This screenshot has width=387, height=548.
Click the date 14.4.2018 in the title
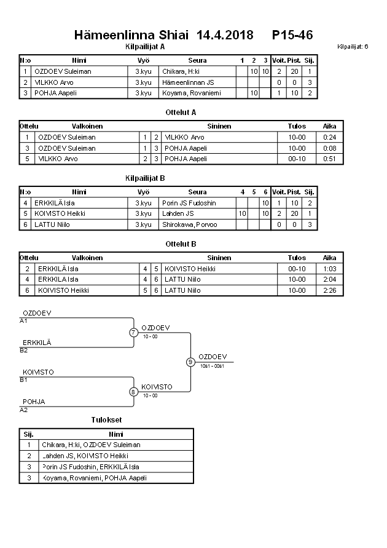point(225,36)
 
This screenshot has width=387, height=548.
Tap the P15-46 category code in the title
point(292,36)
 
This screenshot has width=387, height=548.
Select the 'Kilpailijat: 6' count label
point(353,47)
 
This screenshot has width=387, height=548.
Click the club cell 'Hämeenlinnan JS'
point(188,82)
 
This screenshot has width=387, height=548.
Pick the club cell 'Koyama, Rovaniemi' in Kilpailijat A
point(191,93)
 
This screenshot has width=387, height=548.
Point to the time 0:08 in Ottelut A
point(330,148)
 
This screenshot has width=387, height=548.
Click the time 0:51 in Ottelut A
point(330,159)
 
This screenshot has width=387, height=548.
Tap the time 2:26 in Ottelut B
point(330,290)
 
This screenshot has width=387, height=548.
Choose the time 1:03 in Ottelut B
point(330,269)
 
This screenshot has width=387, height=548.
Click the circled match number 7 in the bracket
point(133,333)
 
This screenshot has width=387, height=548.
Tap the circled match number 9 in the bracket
point(190,362)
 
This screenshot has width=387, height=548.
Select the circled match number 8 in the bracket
point(133,391)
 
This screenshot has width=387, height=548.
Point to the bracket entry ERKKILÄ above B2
point(37,343)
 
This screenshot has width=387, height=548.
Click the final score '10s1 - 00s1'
point(213,367)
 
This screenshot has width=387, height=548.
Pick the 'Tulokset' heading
point(106,419)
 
